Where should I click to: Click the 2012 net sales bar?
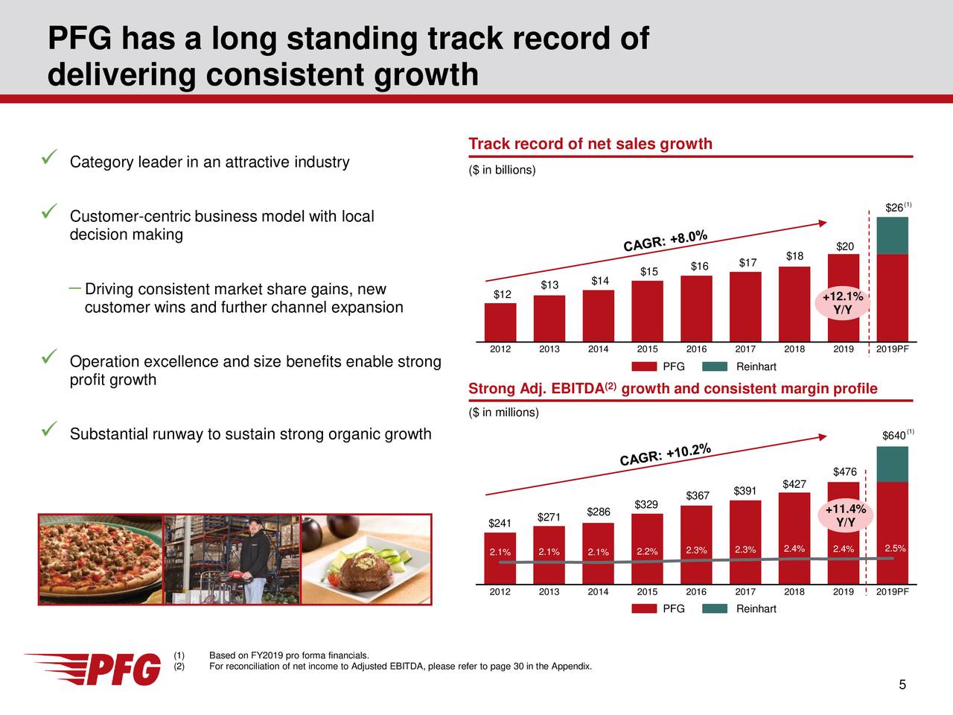tap(500, 322)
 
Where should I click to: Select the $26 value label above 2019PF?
tap(894, 207)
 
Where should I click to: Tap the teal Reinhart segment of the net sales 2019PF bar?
tap(892, 235)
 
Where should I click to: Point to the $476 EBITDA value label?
tap(845, 471)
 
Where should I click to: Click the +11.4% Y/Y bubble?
tap(845, 516)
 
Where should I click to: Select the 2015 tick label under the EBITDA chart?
tap(647, 592)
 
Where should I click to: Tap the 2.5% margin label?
tap(894, 549)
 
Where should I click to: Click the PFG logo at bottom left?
tap(93, 668)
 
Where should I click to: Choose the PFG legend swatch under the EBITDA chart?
tap(644, 608)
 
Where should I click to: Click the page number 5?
tap(902, 686)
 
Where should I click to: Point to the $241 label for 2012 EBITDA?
tap(500, 524)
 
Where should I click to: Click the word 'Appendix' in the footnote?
tap(571, 666)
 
